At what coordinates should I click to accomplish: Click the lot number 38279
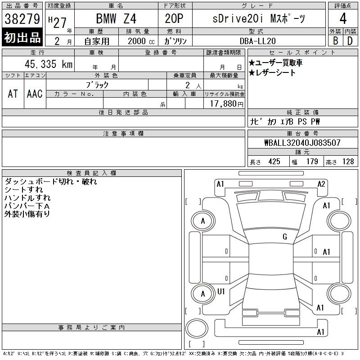(x=22, y=19)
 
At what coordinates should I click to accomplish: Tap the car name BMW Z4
(x=116, y=18)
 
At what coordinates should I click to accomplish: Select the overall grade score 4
(x=343, y=18)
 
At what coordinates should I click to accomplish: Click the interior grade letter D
(x=350, y=41)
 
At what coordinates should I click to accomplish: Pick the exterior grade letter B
(x=335, y=41)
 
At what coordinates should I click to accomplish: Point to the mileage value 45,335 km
(x=49, y=64)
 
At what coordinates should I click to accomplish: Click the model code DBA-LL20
(x=257, y=41)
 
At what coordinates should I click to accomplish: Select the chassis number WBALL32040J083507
(x=302, y=143)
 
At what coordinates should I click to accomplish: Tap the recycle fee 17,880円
(x=227, y=104)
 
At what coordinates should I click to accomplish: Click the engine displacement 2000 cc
(x=141, y=41)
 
